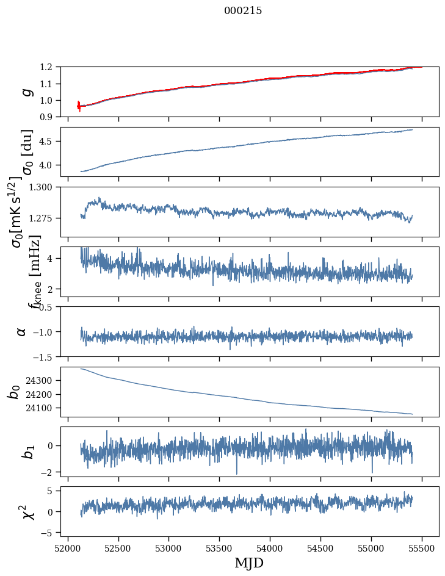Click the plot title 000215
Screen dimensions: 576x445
coord(243,10)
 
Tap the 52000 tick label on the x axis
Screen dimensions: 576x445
coord(68,547)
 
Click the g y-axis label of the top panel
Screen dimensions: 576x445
coord(26,92)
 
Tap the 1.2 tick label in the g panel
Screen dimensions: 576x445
coord(49,67)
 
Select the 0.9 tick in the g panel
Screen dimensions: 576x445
coord(49,117)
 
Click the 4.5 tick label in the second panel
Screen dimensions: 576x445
coord(49,142)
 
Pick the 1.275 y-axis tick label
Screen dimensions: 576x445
coord(45,218)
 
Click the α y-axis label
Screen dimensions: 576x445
coord(22,331)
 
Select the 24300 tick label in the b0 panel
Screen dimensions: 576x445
coord(43,380)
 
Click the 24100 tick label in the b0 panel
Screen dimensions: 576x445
coord(43,408)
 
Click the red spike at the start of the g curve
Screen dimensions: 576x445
coord(79,106)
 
